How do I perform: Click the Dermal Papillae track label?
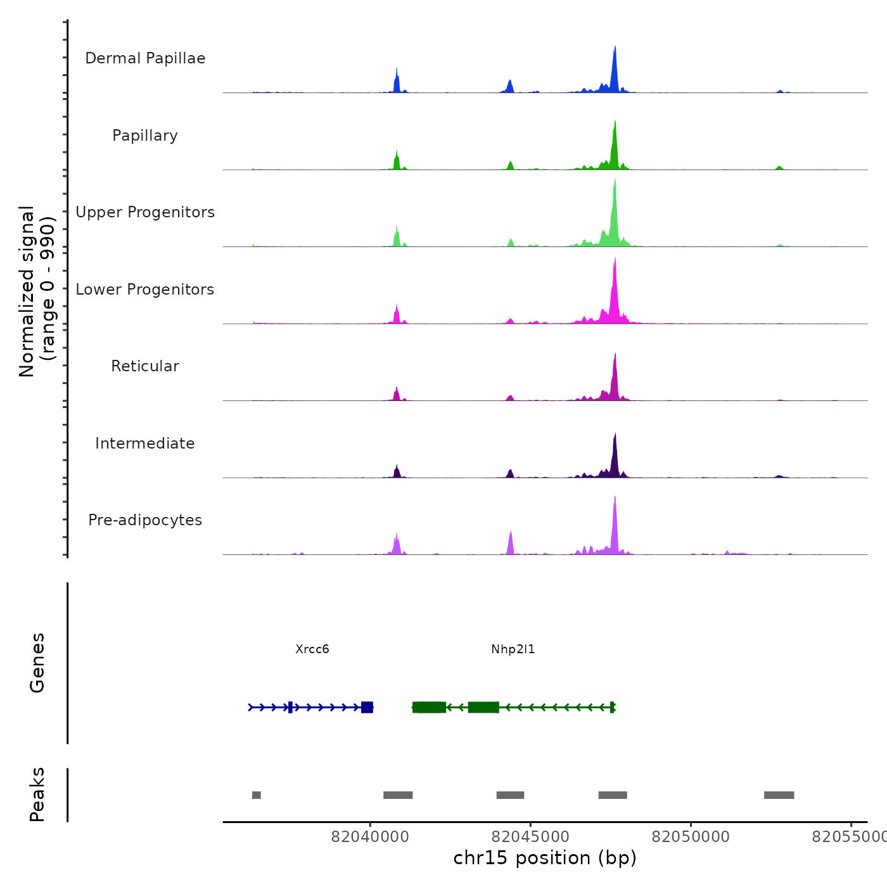pyautogui.click(x=145, y=58)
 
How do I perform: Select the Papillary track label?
pyautogui.click(x=145, y=136)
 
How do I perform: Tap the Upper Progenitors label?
pyautogui.click(x=145, y=212)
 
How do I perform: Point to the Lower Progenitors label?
pyautogui.click(x=145, y=290)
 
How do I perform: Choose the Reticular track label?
pyautogui.click(x=145, y=366)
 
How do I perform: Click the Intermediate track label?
pyautogui.click(x=145, y=443)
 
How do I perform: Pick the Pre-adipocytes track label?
pyautogui.click(x=145, y=520)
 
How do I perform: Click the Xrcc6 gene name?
pyautogui.click(x=312, y=649)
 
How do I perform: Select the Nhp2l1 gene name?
pyautogui.click(x=513, y=649)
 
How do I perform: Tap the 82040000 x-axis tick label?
pyautogui.click(x=370, y=837)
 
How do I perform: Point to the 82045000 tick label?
pyautogui.click(x=530, y=837)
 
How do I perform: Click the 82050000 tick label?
pyautogui.click(x=691, y=837)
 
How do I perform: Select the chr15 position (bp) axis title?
pyautogui.click(x=545, y=858)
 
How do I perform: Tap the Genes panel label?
pyautogui.click(x=37, y=663)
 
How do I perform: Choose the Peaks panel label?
pyautogui.click(x=37, y=794)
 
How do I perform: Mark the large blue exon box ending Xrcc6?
pyautogui.click(x=367, y=707)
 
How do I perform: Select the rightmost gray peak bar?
pyautogui.click(x=779, y=795)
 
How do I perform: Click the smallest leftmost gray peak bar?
pyautogui.click(x=256, y=795)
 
